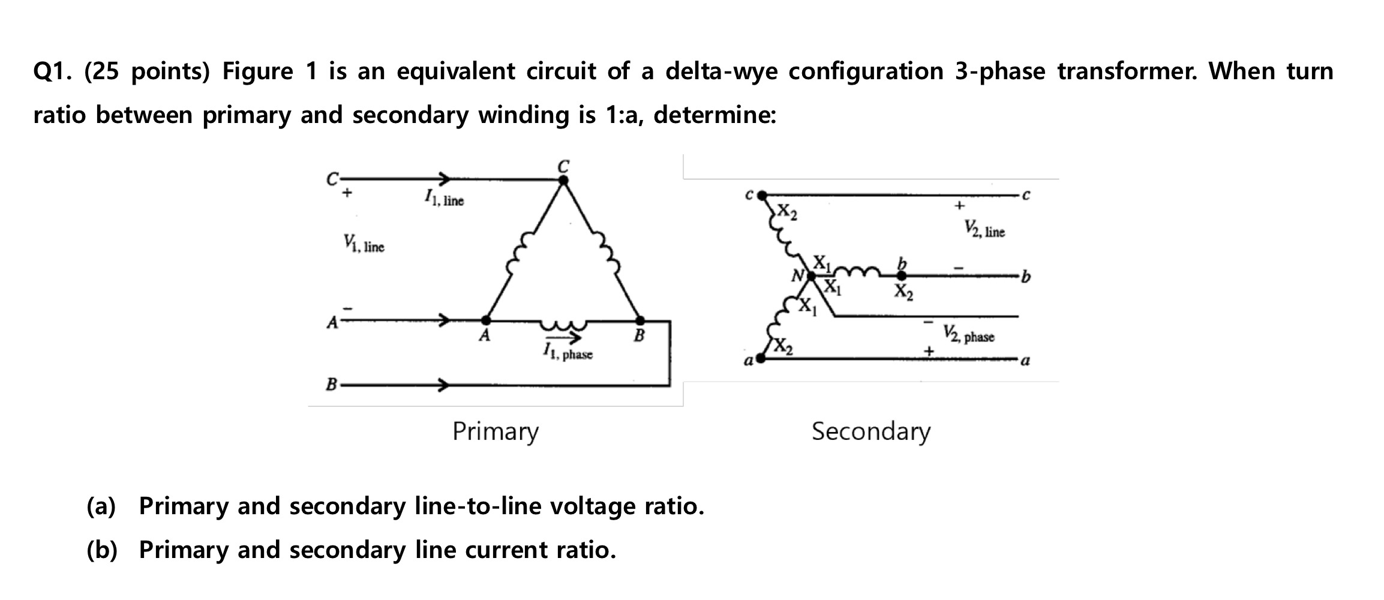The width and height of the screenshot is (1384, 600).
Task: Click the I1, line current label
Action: [444, 198]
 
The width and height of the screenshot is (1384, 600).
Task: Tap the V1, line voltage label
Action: [364, 244]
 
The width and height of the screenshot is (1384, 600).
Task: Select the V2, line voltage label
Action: [985, 229]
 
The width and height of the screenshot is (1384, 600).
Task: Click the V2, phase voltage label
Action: [968, 334]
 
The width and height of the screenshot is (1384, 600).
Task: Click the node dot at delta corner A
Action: [486, 320]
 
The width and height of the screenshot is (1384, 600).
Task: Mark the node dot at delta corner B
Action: [640, 320]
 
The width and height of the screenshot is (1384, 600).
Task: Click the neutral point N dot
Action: [811, 276]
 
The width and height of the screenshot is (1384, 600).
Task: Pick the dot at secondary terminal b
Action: [901, 276]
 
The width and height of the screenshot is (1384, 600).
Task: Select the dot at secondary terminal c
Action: [762, 195]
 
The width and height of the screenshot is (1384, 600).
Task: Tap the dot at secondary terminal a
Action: [761, 359]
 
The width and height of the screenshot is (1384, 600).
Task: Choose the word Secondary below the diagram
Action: [871, 431]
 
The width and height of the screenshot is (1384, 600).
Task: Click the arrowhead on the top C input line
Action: [443, 178]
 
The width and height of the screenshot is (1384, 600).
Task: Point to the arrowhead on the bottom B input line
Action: [443, 385]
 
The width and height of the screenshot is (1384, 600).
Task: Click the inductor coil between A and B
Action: [563, 325]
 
